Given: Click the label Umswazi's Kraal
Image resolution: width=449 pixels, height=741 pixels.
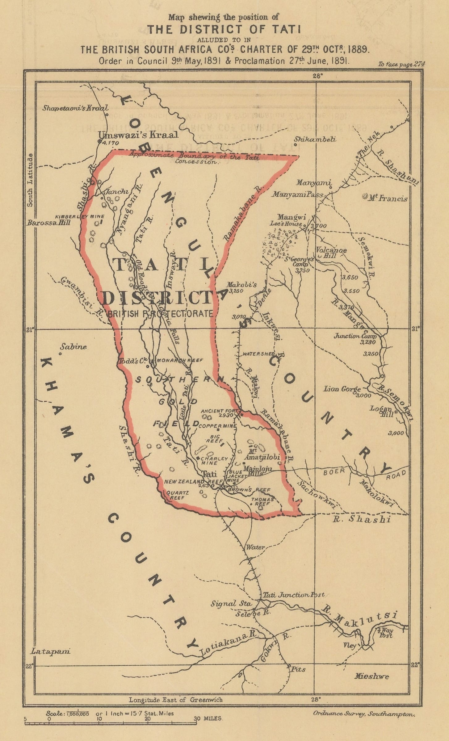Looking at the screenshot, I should [138, 135].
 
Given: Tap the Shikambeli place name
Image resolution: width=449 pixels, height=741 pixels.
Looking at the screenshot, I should [315, 140].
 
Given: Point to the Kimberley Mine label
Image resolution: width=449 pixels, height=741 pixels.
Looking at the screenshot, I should [80, 216].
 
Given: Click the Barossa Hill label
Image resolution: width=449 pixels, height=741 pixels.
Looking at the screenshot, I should [49, 222].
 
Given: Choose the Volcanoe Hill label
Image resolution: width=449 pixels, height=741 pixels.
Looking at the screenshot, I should [331, 253].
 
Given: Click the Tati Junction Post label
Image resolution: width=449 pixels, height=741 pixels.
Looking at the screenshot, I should [293, 595].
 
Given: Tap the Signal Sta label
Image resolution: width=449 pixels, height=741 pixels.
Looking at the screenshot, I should [231, 603].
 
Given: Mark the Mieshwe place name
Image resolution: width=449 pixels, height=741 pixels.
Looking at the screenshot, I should [371, 676].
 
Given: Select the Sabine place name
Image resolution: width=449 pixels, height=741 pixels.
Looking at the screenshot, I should [73, 347].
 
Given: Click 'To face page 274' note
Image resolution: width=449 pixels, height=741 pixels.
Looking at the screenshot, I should [402, 64].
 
